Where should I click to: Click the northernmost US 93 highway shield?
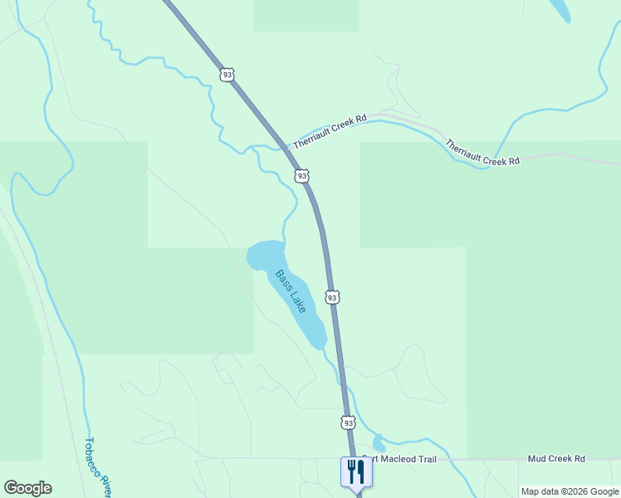(227, 75)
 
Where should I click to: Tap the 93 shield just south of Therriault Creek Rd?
(302, 176)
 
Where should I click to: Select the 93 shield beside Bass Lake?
(332, 297)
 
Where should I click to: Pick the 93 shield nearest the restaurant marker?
(348, 422)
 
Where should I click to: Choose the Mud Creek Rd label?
(556, 458)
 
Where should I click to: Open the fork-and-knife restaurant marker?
(356, 471)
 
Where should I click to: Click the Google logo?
(27, 488)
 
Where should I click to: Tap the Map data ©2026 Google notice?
(570, 491)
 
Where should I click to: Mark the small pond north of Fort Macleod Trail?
(379, 443)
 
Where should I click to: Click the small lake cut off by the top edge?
(560, 8)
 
